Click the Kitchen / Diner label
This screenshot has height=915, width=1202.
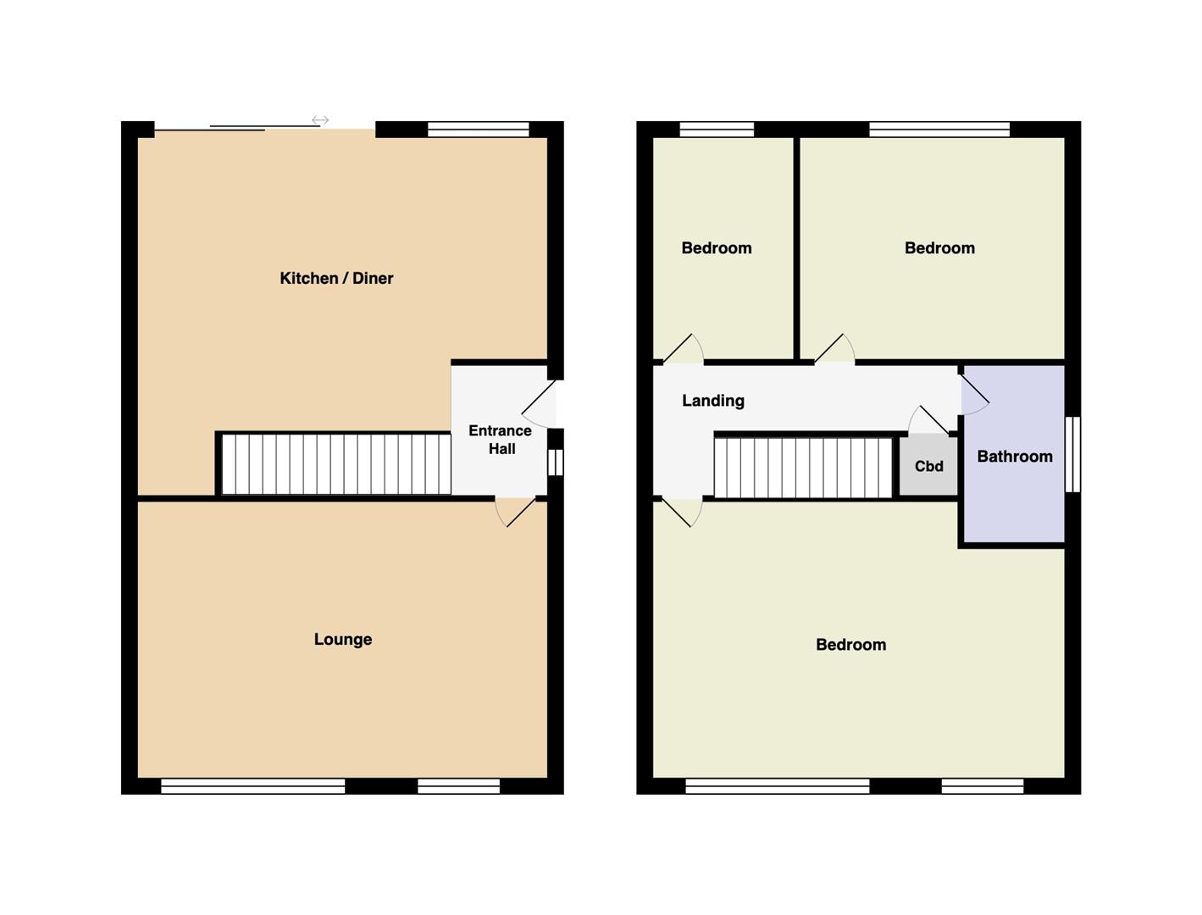336,278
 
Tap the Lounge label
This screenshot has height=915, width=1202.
343,639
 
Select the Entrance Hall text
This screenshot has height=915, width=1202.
501,440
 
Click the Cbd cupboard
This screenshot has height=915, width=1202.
928,466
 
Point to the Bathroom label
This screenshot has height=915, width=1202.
1015,456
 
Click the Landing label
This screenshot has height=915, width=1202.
713,401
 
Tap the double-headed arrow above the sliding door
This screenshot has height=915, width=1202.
320,120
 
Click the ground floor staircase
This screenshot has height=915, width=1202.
335,464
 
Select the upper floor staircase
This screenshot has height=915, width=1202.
803,468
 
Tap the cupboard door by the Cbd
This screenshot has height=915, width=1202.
928,420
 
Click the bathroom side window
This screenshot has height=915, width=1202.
1072,454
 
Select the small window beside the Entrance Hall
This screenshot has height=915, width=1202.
556,462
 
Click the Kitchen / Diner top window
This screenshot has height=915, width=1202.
478,130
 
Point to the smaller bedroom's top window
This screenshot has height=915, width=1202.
717,130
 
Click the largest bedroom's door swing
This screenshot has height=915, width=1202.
683,512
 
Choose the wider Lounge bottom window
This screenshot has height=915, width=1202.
253,786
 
